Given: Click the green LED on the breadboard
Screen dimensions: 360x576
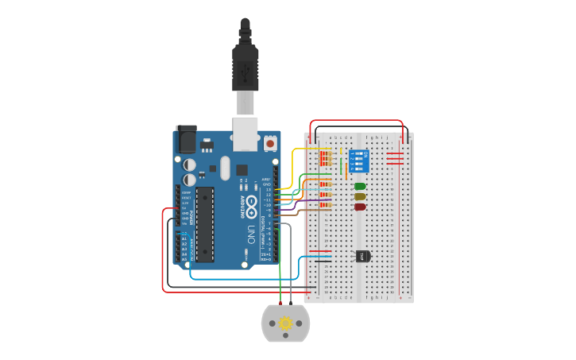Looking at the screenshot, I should [x=360, y=187].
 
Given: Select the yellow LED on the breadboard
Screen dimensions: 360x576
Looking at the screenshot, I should [x=360, y=196].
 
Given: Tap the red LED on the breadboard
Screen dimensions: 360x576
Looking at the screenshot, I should [x=360, y=207].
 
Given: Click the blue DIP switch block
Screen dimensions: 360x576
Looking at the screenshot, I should [x=359, y=162].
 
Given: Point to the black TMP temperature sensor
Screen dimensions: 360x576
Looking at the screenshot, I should [x=362, y=256].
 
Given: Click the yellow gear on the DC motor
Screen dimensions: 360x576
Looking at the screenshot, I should [x=285, y=323].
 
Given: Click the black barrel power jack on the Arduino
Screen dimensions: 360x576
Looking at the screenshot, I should [x=186, y=139].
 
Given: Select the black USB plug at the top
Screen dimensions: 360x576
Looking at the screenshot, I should [x=245, y=64].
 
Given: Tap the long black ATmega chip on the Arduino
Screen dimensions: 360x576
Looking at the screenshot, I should [x=204, y=225].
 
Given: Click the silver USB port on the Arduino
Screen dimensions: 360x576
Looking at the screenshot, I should [x=245, y=133].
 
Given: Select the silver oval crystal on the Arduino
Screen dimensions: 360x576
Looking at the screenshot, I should [x=225, y=168].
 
